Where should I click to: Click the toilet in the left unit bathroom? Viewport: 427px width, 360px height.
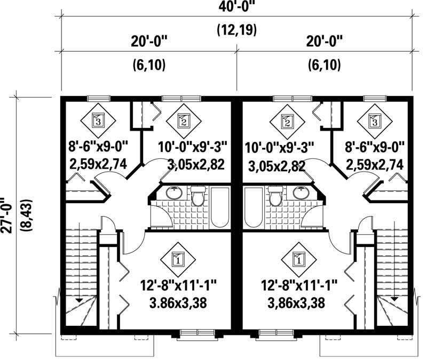coord(199,197)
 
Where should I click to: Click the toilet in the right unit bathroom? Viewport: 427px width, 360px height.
coord(275,197)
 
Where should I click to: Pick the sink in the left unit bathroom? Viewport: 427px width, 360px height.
coord(173,193)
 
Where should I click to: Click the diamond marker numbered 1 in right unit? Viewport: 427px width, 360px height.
coord(298,260)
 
